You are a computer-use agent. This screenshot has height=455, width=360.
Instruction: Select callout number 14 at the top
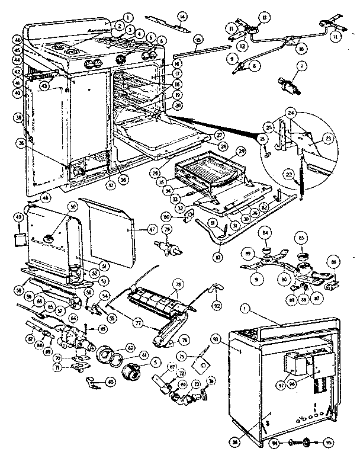tap(182, 15)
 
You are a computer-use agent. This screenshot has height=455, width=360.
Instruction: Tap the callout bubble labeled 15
tap(198, 39)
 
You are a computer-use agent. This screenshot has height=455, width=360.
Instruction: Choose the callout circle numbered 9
tap(231, 59)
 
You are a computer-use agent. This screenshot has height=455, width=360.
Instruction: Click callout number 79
tap(168, 229)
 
